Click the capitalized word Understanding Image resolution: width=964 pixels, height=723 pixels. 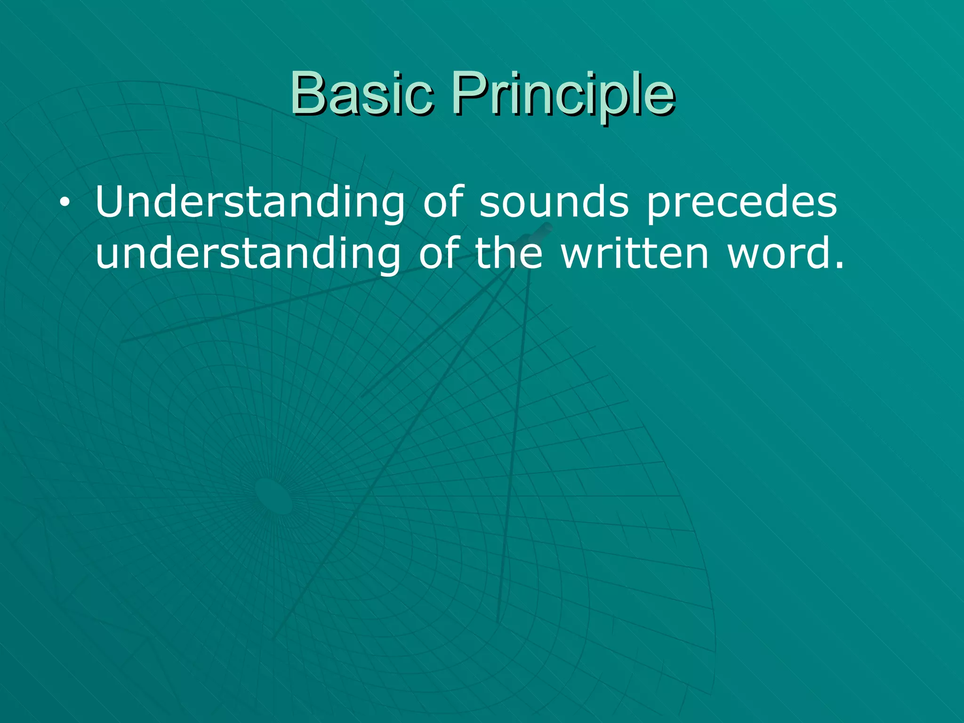tap(249, 202)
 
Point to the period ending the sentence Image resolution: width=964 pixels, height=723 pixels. tap(838, 267)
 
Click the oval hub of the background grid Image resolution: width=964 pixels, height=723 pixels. tap(273, 496)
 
